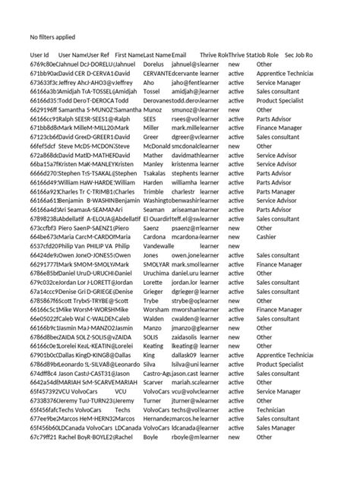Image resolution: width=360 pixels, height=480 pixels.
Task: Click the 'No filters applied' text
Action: click(52, 36)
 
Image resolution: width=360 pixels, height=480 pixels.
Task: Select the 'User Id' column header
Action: click(39, 55)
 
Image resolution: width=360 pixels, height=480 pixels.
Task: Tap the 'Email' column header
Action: click(179, 55)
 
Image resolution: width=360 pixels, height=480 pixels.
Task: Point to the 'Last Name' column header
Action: click(157, 55)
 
